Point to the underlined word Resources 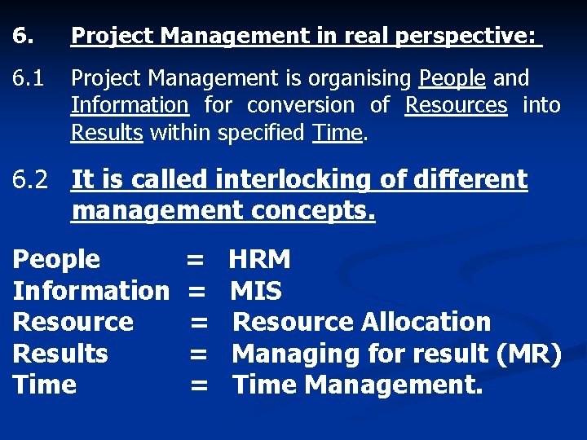456,105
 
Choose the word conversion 301,105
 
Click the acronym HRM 259,260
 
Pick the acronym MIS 256,291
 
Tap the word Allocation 426,322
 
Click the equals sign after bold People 195,260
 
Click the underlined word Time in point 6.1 337,132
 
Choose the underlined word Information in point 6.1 130,105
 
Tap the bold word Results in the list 60,354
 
